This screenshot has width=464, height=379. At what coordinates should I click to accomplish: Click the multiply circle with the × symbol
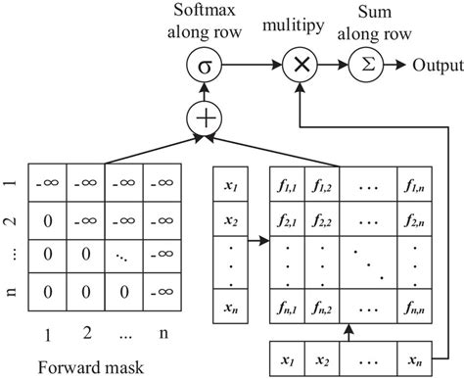click(x=299, y=68)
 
